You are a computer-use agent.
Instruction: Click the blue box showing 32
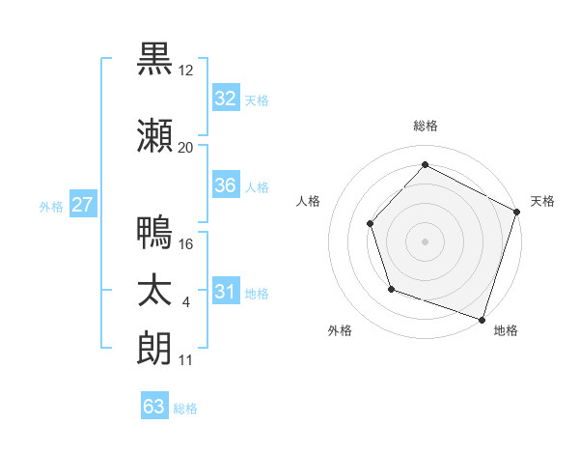click(226, 99)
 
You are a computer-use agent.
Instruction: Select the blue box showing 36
click(226, 185)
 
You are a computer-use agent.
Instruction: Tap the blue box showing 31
click(226, 292)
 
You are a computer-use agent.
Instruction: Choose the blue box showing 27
click(83, 205)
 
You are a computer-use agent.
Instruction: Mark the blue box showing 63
click(154, 407)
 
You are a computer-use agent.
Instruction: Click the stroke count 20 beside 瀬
click(186, 147)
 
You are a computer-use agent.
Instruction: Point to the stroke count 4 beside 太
click(185, 302)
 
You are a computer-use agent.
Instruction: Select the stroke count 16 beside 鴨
click(186, 243)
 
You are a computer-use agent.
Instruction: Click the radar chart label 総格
click(426, 126)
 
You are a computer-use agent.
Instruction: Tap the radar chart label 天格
click(542, 201)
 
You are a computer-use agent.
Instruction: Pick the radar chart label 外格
click(340, 330)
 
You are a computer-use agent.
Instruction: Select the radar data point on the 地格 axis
click(482, 318)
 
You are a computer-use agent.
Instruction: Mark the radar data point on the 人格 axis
click(370, 223)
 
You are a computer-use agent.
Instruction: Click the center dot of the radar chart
click(425, 241)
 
